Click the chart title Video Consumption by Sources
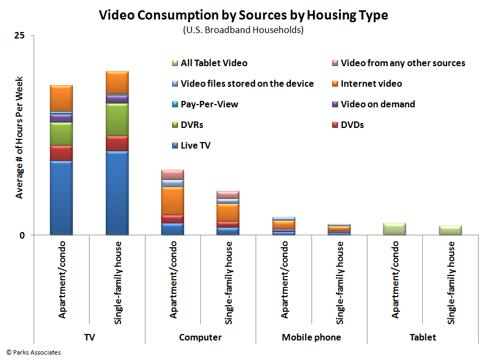point(243,15)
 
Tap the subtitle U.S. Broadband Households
point(243,30)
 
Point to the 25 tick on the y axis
point(20,36)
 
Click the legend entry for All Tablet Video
point(214,63)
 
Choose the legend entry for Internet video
point(371,83)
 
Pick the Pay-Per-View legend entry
point(209,104)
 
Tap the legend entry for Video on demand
point(378,104)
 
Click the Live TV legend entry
point(195,145)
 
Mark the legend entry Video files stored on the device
point(247,83)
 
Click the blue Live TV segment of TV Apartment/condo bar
point(61,198)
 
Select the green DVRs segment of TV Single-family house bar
point(117,119)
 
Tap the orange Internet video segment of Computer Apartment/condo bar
point(173,201)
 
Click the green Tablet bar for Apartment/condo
point(395,229)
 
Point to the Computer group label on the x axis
point(200,337)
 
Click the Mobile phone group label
point(311,337)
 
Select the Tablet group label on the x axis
point(423,337)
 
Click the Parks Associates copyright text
point(34,352)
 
